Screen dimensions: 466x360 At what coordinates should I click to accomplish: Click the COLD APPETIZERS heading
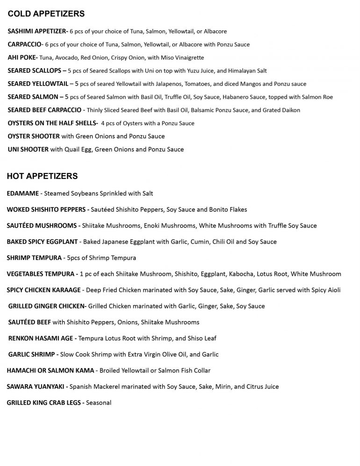click(46, 14)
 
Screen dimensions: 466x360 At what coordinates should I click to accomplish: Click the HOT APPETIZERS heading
click(42, 176)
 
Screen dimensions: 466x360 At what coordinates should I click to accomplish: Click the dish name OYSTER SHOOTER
click(34, 136)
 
